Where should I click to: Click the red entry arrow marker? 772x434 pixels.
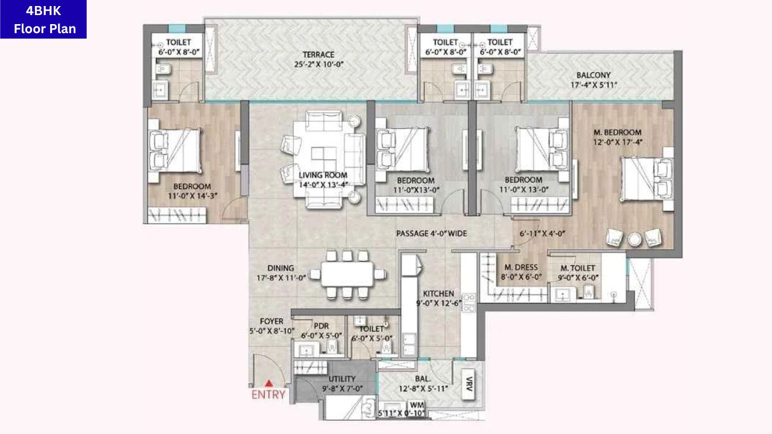point(269,383)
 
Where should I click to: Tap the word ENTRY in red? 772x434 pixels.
point(268,395)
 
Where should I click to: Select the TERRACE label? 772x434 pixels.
point(318,54)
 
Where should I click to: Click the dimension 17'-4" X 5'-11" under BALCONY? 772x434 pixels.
point(593,85)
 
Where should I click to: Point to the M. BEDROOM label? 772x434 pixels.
point(618,132)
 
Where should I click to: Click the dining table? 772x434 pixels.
point(347,274)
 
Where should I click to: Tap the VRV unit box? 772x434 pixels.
point(469,385)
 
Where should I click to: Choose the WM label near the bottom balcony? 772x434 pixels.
point(417,404)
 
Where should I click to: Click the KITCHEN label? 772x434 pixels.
point(438,294)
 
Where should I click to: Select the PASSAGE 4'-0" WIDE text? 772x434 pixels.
point(431,233)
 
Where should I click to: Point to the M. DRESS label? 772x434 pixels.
point(520,267)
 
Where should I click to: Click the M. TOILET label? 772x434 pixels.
point(578,268)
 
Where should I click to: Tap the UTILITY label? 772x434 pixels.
point(342,379)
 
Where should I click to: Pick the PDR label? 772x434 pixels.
point(321,326)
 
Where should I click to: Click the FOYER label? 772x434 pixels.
point(271,321)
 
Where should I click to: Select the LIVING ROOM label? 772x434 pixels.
point(323,175)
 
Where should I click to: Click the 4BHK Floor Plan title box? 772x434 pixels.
point(43,19)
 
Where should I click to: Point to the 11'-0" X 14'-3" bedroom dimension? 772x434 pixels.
point(192,196)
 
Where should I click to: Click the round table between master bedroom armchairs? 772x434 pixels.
point(634,240)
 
